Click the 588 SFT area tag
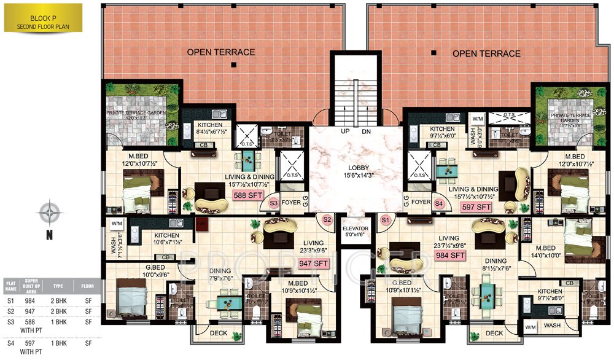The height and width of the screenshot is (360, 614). pos(246,196)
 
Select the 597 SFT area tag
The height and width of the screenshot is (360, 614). pos(476,207)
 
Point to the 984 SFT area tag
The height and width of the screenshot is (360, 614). pos(449,255)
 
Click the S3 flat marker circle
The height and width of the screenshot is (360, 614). pos(274,202)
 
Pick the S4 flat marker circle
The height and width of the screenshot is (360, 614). pos(438,202)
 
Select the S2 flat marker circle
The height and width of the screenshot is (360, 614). pos(327,219)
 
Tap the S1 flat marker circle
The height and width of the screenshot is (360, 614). pos(386,219)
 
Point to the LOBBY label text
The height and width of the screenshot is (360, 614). pos(355,167)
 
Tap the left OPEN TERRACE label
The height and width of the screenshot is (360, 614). pos(221,52)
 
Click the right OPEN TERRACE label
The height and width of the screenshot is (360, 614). pos(486,53)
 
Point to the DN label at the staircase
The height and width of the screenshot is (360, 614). pos(367,132)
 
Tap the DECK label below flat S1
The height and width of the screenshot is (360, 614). pos(494,334)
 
